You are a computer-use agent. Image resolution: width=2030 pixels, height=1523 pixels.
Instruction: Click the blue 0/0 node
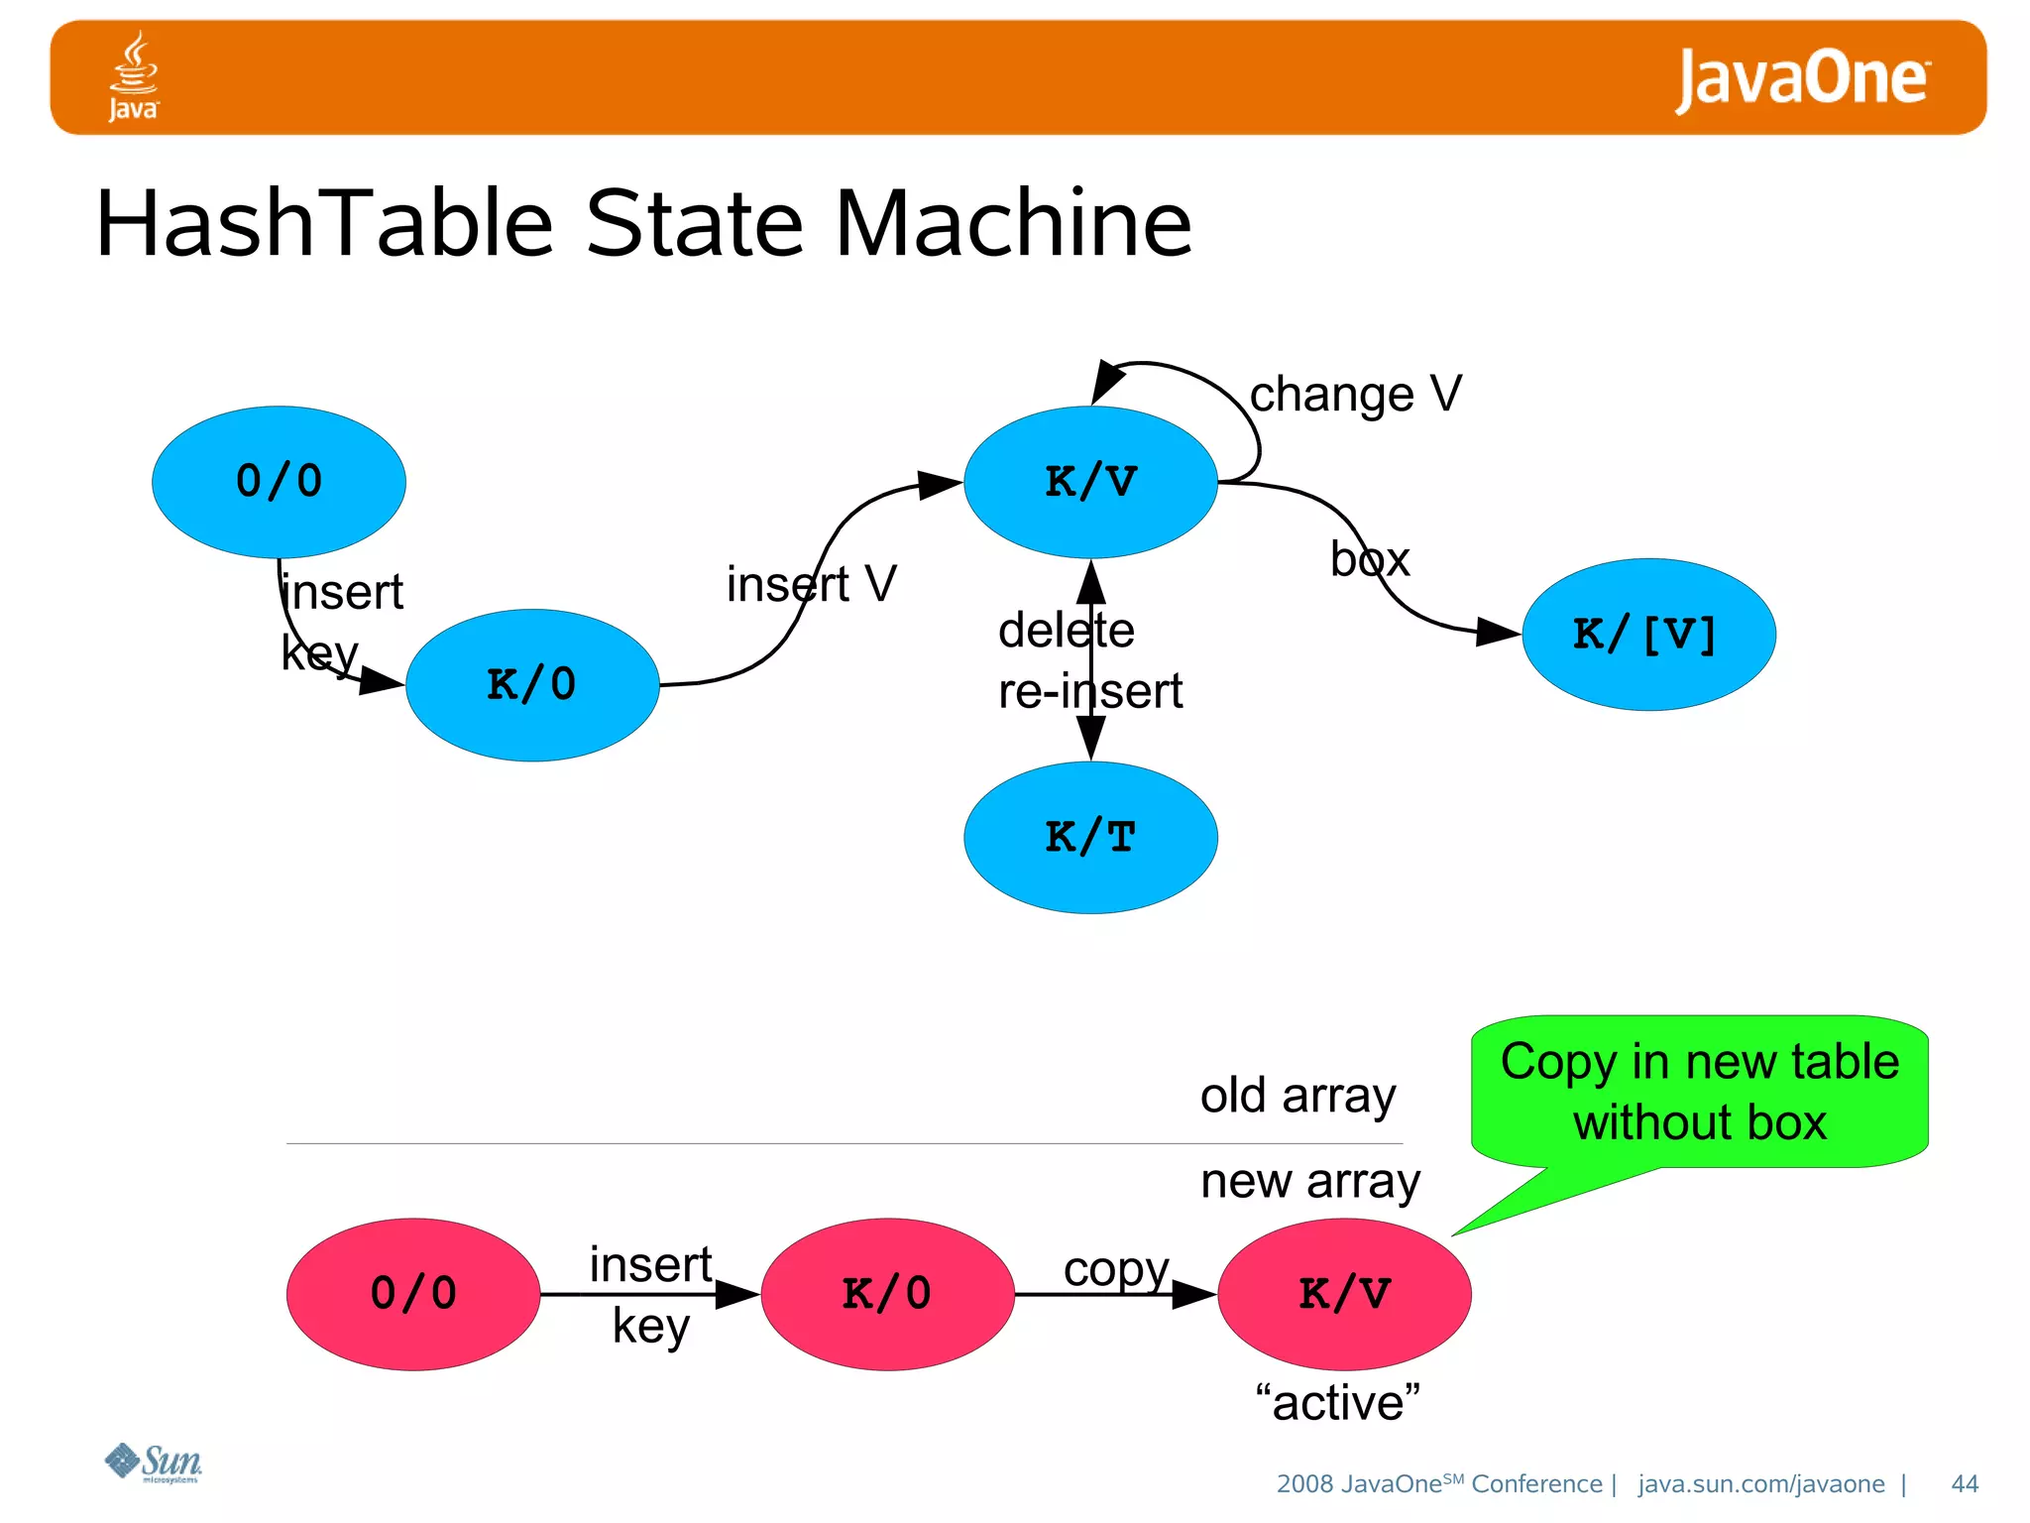pyautogui.click(x=279, y=482)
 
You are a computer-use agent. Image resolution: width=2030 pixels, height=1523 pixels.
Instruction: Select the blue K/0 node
pyautogui.click(x=532, y=685)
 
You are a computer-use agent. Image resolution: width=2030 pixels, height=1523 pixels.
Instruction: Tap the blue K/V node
pyautogui.click(x=1090, y=482)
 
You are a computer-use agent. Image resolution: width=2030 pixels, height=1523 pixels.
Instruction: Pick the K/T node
pyautogui.click(x=1090, y=838)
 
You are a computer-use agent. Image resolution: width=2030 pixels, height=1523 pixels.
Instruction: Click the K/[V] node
pyautogui.click(x=1647, y=635)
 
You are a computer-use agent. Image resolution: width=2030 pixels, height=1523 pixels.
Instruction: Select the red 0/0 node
pyautogui.click(x=413, y=1294)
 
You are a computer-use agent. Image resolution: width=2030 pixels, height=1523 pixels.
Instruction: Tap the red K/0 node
pyautogui.click(x=887, y=1294)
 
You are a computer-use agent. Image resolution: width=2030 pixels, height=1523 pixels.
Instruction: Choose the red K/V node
pyautogui.click(x=1344, y=1294)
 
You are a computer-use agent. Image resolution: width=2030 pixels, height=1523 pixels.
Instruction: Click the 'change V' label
pyautogui.click(x=1355, y=395)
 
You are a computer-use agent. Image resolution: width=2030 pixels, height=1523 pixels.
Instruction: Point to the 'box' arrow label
pyautogui.click(x=1370, y=559)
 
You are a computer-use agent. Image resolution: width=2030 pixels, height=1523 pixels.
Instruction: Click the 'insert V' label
pyautogui.click(x=811, y=583)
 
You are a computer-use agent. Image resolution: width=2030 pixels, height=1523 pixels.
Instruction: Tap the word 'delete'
pyautogui.click(x=1066, y=631)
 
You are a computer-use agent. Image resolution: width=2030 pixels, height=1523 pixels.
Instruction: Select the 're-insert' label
pyautogui.click(x=1090, y=691)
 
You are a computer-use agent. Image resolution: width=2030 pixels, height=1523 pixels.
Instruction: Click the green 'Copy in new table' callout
pyautogui.click(x=1699, y=1092)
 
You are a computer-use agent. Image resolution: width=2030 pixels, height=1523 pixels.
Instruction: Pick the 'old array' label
pyautogui.click(x=1297, y=1096)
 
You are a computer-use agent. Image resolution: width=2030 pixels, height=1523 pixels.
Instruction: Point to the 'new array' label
pyautogui.click(x=1310, y=1181)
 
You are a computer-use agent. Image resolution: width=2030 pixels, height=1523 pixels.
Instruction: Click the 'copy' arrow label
pyautogui.click(x=1116, y=1269)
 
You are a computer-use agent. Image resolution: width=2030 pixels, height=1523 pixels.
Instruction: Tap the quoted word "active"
pyautogui.click(x=1337, y=1403)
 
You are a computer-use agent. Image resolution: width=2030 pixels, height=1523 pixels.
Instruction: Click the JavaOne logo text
pyautogui.click(x=1802, y=78)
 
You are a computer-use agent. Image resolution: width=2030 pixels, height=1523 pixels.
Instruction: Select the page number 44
pyautogui.click(x=1964, y=1483)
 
